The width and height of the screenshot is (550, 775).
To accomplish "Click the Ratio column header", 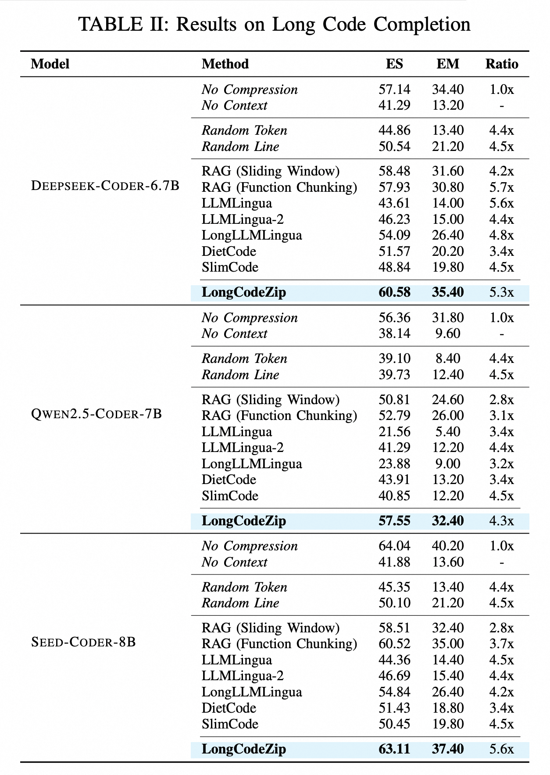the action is tap(502, 64).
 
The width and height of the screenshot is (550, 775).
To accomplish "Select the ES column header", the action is tap(394, 64).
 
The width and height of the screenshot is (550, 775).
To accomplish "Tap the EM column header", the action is tap(448, 64).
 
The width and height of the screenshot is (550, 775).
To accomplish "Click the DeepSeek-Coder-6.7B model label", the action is tap(105, 186).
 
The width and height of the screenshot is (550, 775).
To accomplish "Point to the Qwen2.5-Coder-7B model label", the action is tap(96, 414).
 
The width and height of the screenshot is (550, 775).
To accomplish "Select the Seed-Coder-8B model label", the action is tap(83, 642).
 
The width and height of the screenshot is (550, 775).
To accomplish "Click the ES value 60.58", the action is tap(394, 292).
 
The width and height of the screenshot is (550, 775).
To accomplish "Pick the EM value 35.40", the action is tap(448, 292).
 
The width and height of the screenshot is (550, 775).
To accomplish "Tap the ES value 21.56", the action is tap(394, 432).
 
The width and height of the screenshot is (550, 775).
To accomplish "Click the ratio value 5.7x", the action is tap(502, 187).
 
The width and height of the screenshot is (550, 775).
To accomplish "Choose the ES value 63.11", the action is tap(394, 749).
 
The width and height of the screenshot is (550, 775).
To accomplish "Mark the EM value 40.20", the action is tap(448, 546).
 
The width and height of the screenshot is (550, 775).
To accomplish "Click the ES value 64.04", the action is tap(394, 546).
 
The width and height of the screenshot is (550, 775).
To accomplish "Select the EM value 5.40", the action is tap(448, 432).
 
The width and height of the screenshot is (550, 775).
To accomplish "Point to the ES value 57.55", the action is tap(394, 521).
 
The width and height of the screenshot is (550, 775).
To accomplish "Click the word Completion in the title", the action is tap(422, 25).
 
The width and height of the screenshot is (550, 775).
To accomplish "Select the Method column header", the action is tap(225, 64).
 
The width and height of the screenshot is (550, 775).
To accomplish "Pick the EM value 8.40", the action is tap(448, 359).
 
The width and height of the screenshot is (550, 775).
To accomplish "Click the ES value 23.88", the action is tap(394, 464).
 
